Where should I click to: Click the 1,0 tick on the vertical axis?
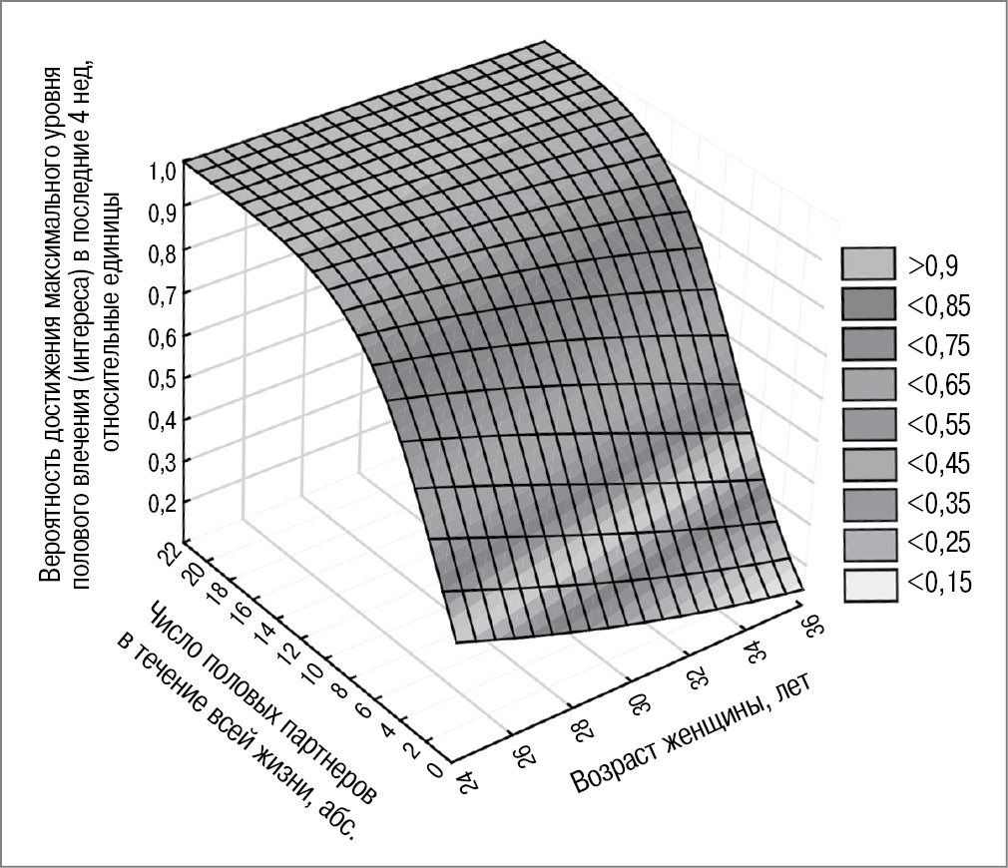163,170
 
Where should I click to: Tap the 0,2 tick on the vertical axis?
163,502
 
